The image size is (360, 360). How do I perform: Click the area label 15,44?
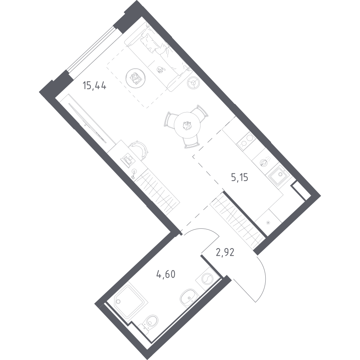click(x=94, y=86)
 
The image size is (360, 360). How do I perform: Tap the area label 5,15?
click(x=239, y=177)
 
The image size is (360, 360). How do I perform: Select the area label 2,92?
click(x=225, y=252)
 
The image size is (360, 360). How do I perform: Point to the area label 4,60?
click(x=166, y=274)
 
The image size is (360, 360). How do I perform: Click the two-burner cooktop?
click(x=246, y=141)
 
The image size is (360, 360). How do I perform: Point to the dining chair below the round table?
click(x=191, y=142)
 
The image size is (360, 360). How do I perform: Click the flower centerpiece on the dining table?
click(x=187, y=126)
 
